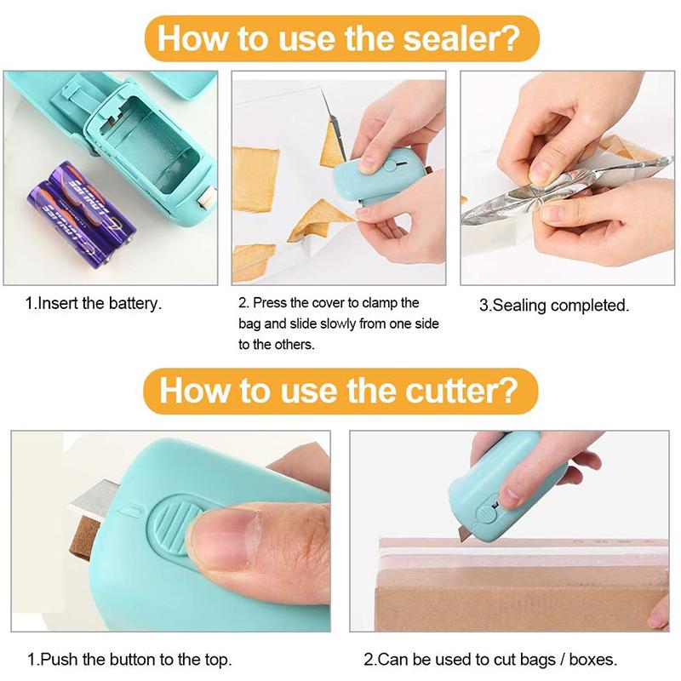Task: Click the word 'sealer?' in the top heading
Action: pos(461,38)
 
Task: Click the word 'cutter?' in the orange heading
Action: pos(461,391)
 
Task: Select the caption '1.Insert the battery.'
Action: pos(94,303)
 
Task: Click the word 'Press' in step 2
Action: pos(270,303)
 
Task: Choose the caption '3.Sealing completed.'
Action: pos(554,306)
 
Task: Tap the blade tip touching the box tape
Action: pos(461,540)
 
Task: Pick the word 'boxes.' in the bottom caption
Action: pos(592,659)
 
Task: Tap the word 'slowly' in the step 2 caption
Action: pos(337,323)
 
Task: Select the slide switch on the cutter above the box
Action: pos(486,513)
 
